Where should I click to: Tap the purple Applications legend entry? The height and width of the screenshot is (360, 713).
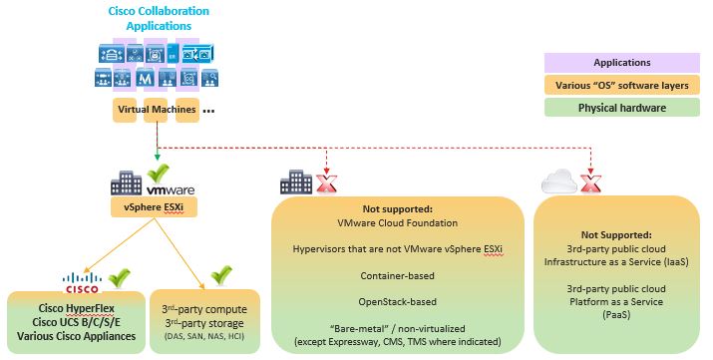pyautogui.click(x=622, y=62)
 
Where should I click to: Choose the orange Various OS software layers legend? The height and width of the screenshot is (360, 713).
pyautogui.click(x=622, y=86)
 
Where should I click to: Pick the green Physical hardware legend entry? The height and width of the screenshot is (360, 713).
pyautogui.click(x=622, y=109)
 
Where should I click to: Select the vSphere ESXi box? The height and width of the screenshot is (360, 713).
pyautogui.click(x=153, y=208)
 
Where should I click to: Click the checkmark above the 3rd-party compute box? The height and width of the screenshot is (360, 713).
pyautogui.click(x=220, y=273)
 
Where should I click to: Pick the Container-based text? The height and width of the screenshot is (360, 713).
pyautogui.click(x=397, y=271)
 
